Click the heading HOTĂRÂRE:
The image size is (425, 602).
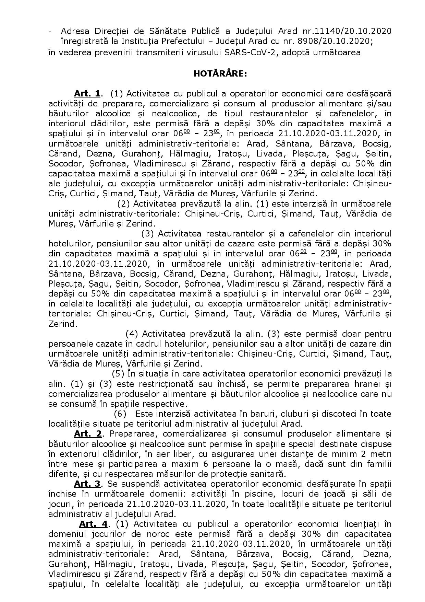(220, 73)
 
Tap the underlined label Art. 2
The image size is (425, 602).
(88, 434)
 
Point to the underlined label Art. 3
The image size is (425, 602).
(87, 484)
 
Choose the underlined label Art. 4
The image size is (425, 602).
(93, 524)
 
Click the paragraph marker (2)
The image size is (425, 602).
(123, 204)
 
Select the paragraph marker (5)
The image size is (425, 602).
(118, 373)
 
